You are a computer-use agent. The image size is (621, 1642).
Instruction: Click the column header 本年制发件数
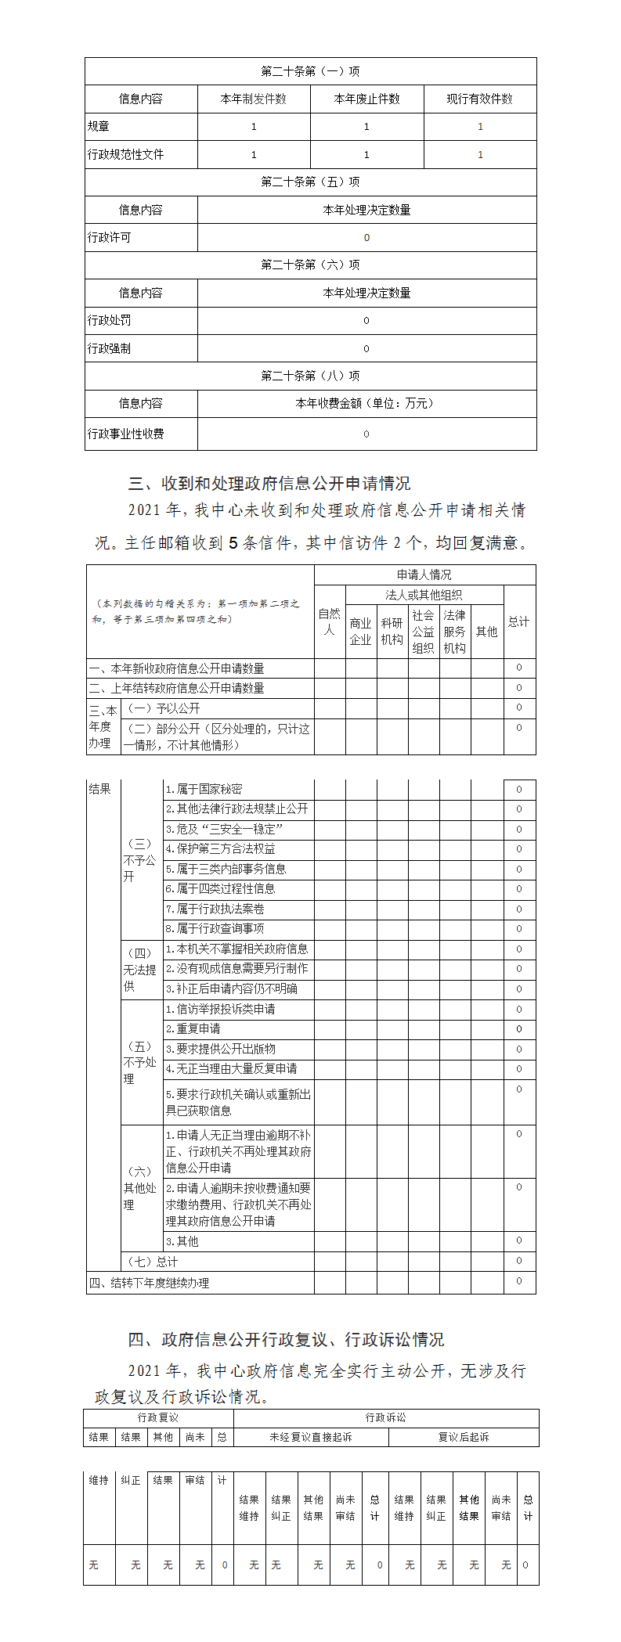click(254, 99)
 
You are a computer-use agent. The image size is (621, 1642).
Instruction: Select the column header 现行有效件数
click(480, 99)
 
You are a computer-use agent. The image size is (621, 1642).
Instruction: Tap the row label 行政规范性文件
click(126, 155)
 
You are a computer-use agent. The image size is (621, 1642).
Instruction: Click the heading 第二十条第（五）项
click(310, 182)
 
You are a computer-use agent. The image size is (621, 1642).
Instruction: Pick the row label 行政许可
click(110, 238)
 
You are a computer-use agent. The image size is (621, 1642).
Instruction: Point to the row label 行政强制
click(110, 349)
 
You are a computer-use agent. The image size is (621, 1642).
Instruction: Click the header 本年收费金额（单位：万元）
click(366, 404)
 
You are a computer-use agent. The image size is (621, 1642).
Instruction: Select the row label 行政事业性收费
click(126, 434)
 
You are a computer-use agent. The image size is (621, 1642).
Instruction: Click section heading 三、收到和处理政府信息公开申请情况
click(269, 484)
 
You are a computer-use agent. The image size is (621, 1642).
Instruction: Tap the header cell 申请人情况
click(424, 575)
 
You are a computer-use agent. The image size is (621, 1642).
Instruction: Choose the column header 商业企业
click(360, 632)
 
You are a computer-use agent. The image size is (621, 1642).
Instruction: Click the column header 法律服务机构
click(454, 632)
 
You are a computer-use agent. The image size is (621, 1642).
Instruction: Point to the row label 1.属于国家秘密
click(204, 790)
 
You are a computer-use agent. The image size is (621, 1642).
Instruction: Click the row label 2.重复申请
click(193, 1029)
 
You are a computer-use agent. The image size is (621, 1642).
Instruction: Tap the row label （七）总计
click(153, 1262)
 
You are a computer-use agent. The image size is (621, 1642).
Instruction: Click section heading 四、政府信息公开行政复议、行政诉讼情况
click(286, 1340)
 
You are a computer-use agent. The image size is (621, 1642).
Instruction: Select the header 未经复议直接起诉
click(311, 1438)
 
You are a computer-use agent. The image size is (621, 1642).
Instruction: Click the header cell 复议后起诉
click(464, 1438)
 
